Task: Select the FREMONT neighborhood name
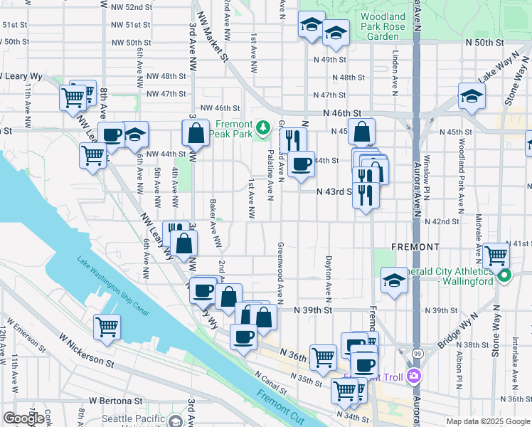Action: [x=415, y=246]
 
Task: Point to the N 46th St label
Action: [x=341, y=112]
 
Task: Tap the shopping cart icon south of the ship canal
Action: [x=107, y=327]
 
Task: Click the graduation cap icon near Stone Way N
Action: [x=471, y=96]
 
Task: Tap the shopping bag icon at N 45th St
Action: [x=362, y=132]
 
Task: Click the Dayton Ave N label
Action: [x=329, y=278]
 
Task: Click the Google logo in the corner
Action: [x=23, y=418]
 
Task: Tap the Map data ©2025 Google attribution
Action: [x=487, y=421]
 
